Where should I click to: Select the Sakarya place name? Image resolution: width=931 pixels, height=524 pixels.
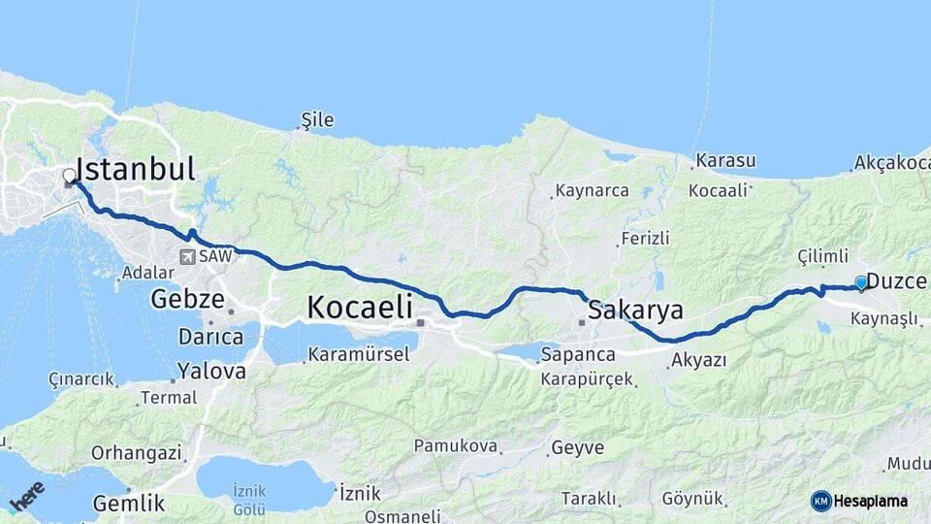[635, 311]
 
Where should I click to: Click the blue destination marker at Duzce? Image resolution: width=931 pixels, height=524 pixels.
[861, 283]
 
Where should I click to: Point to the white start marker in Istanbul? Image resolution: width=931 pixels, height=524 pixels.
[69, 177]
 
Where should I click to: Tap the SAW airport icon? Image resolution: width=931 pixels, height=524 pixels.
[186, 257]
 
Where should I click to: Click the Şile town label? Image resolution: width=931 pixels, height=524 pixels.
[317, 120]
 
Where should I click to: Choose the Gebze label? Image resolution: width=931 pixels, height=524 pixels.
[187, 299]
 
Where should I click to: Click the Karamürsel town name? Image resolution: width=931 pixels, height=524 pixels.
[358, 354]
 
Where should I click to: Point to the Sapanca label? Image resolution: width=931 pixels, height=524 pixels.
[578, 354]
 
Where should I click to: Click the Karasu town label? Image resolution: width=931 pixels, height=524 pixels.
[725, 160]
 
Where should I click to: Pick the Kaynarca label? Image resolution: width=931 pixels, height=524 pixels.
[591, 191]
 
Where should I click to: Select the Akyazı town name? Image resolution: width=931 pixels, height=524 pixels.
[697, 361]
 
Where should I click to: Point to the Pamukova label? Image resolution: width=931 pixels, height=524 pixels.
[455, 446]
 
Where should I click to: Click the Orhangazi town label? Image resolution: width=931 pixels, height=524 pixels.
[136, 452]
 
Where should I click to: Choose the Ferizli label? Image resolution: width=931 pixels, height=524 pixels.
[645, 238]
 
